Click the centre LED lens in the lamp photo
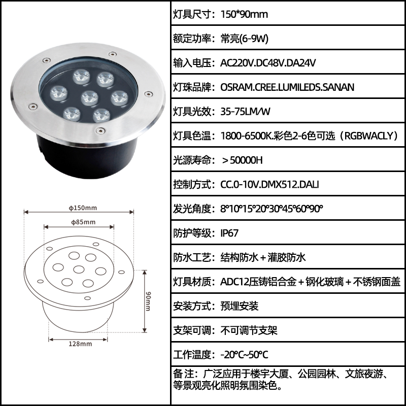pyautogui.click(x=90, y=98)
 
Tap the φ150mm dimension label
pyautogui.click(x=83, y=208)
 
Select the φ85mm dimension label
pyautogui.click(x=83, y=222)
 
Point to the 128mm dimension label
pyautogui.click(x=80, y=344)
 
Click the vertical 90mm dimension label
pyautogui.click(x=148, y=301)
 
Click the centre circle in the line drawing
pyautogui.click(x=79, y=269)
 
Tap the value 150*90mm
pyautogui.click(x=244, y=14)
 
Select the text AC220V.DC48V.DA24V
pyautogui.click(x=268, y=63)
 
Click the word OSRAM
pyautogui.click(x=236, y=87)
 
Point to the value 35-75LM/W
pyautogui.click(x=246, y=112)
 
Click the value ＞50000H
pyautogui.click(x=242, y=160)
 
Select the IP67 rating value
pyautogui.click(x=229, y=233)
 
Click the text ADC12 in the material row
pyautogui.click(x=235, y=282)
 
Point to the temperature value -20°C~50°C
pyautogui.click(x=244, y=355)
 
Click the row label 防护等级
pyautogui.click(x=192, y=233)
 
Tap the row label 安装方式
pyautogui.click(x=192, y=306)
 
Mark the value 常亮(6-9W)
pyautogui.click(x=245, y=39)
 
